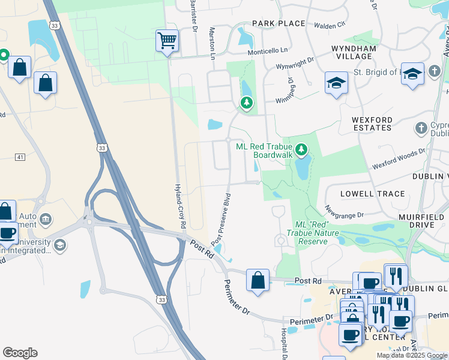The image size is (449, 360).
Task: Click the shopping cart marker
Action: [x=167, y=41]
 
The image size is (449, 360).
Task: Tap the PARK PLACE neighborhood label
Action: [x=279, y=23]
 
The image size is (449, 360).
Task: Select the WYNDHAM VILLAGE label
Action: [x=354, y=52]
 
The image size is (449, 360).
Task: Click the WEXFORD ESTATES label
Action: [x=372, y=124]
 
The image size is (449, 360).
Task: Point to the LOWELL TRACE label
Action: [x=373, y=194]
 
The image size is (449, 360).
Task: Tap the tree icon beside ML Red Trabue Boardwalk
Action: [x=303, y=148]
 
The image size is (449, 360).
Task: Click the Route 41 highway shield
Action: [x=20, y=157]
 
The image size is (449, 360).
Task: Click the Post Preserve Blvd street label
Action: [x=221, y=218]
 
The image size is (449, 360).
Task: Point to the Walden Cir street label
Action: [x=330, y=25]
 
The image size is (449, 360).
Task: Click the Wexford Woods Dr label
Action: [x=399, y=158]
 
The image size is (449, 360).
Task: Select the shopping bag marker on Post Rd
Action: [x=258, y=281]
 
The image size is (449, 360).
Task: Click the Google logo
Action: [x=20, y=352]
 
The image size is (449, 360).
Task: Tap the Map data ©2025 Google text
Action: [x=411, y=355]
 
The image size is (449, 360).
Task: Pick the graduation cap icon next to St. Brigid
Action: [x=412, y=73]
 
